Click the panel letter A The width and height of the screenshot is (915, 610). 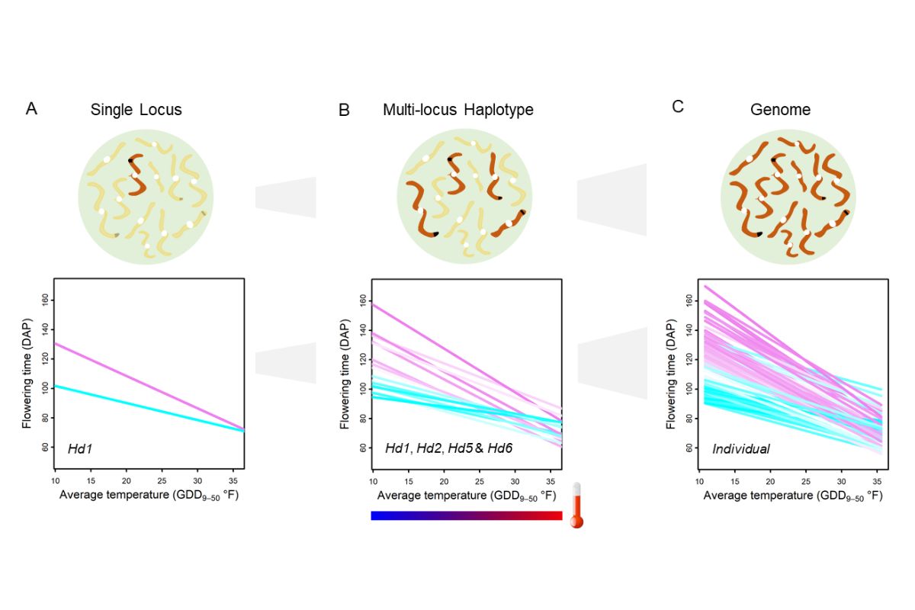tap(31, 108)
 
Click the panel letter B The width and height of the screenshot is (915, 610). tap(344, 110)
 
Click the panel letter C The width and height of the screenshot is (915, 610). tap(678, 107)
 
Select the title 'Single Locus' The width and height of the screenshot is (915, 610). tap(136, 109)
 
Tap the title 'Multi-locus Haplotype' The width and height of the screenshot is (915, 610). tap(457, 110)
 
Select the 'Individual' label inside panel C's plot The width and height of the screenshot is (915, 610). tap(740, 449)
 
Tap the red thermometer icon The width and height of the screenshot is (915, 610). tap(576, 506)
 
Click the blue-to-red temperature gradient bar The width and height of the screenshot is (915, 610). tap(466, 515)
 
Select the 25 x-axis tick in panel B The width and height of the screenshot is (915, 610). tap(481, 482)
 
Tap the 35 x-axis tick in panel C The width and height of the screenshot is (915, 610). tap(877, 482)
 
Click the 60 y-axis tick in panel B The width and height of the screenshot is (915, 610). tap(362, 448)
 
